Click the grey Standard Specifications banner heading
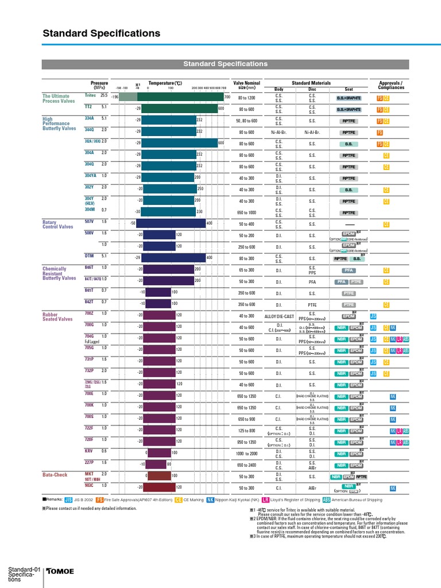[225, 64]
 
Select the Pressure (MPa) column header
[99, 86]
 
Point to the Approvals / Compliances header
[391, 86]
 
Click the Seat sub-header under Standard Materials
[349, 90]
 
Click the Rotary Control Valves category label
[59, 224]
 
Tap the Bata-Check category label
[55, 475]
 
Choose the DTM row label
[89, 256]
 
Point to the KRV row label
[89, 451]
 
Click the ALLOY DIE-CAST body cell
[279, 316]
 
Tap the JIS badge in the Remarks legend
[69, 500]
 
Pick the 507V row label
[89, 222]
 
